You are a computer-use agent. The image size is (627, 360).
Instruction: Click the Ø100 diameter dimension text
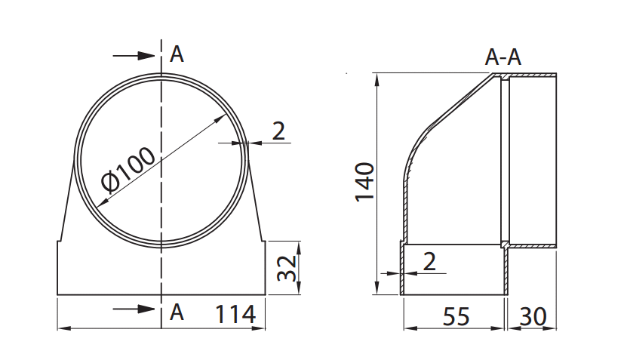[128, 169]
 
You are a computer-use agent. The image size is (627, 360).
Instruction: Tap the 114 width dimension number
[235, 315]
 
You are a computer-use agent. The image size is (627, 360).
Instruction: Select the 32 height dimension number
[287, 268]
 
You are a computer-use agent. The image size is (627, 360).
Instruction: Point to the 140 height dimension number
[364, 182]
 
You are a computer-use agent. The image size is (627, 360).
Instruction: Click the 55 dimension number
[456, 316]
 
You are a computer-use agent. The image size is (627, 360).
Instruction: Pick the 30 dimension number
[533, 316]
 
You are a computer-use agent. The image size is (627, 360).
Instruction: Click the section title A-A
[503, 57]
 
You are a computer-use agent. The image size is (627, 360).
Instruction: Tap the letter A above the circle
[177, 54]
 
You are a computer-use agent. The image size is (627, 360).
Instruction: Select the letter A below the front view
[177, 312]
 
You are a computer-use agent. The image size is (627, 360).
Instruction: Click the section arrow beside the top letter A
[134, 56]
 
